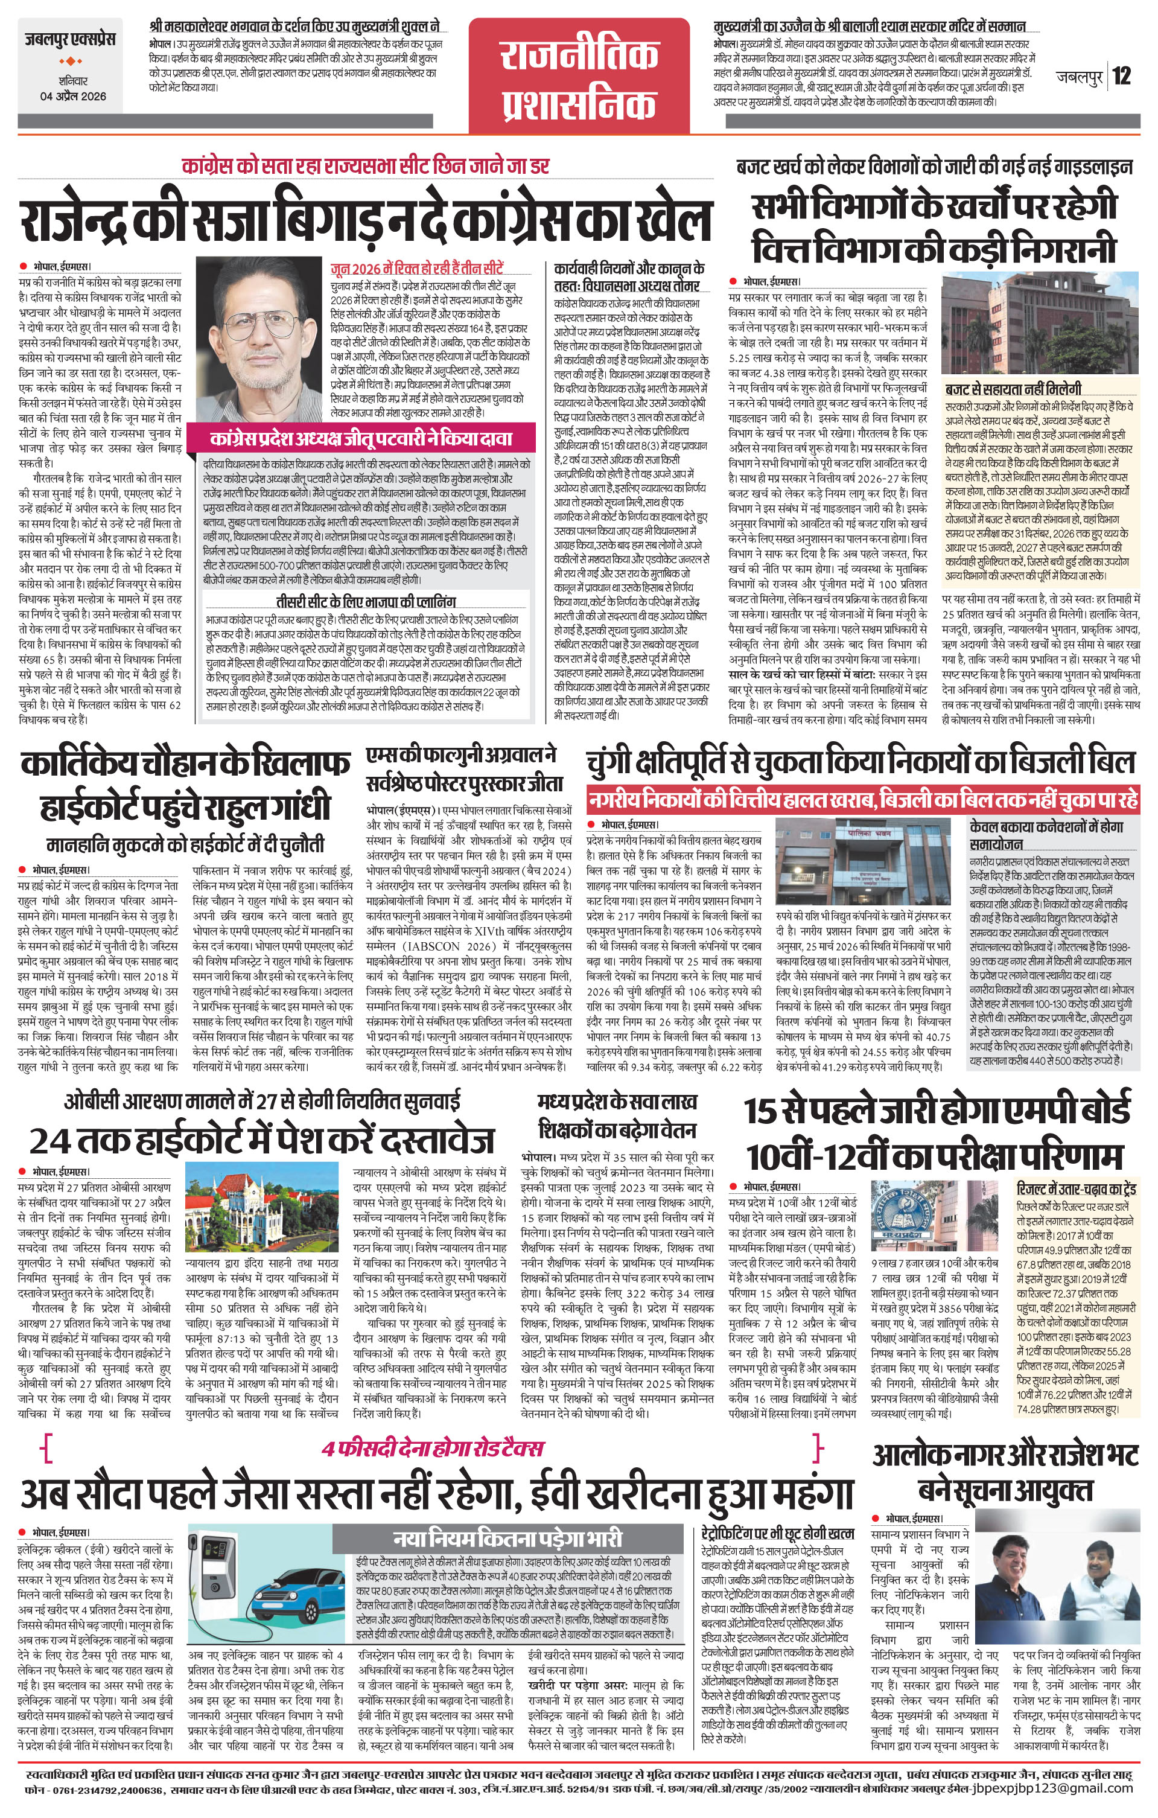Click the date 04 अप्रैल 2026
(73, 96)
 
